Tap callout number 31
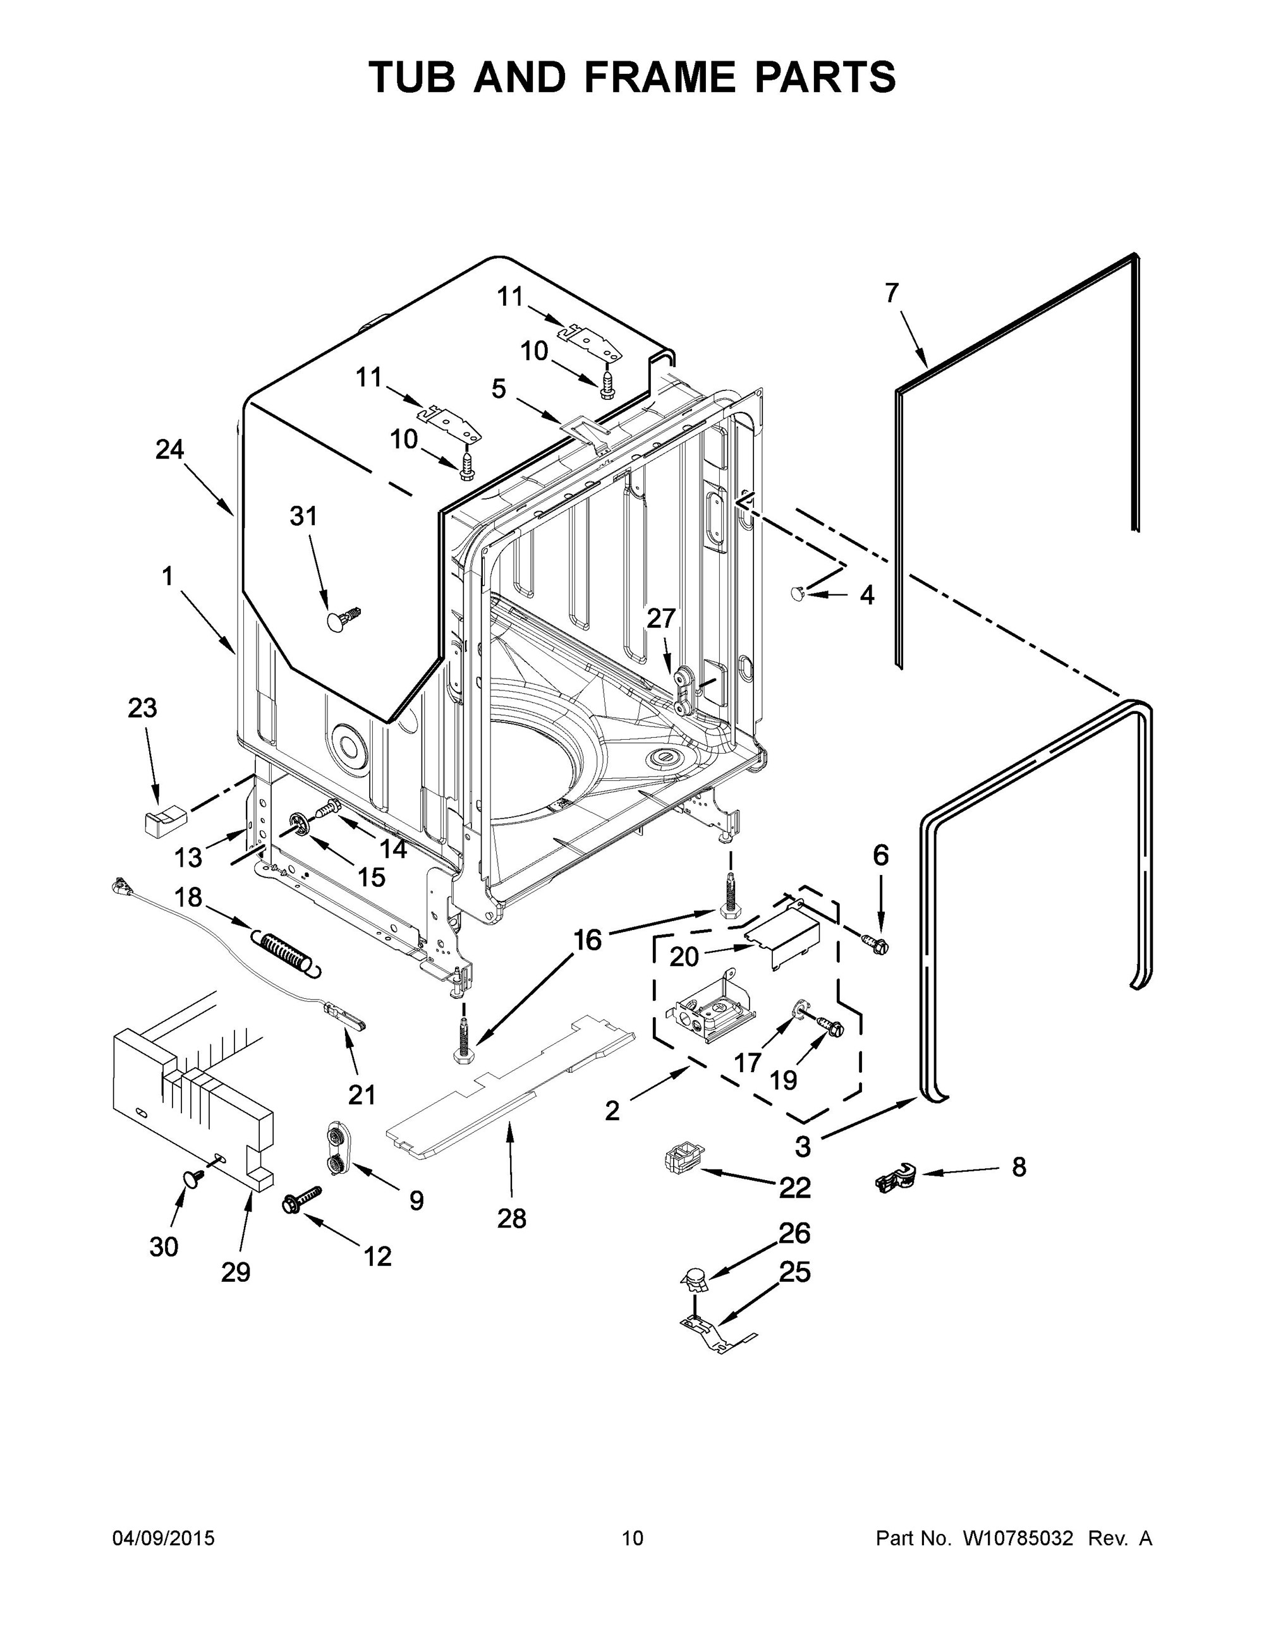coord(303,517)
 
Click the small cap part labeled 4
coord(798,593)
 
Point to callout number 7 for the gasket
coord(890,294)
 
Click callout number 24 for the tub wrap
coord(170,449)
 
